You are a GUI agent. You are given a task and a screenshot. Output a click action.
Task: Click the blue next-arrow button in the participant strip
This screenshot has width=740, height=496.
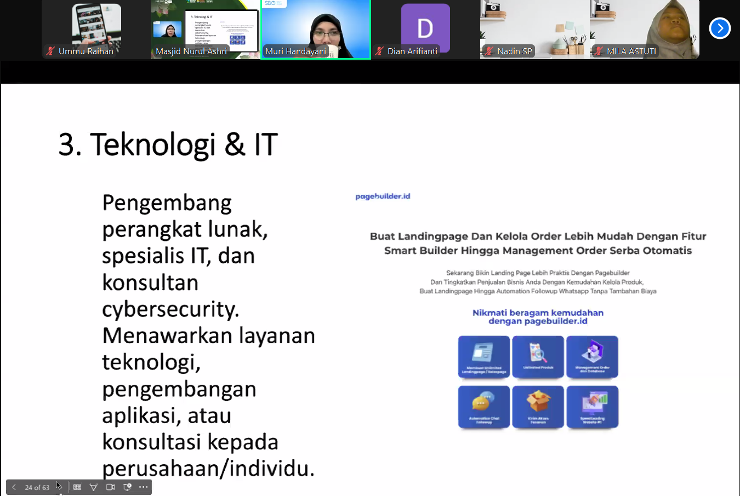[x=720, y=28]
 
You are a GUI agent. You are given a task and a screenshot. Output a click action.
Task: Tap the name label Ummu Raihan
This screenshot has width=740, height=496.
[x=86, y=51]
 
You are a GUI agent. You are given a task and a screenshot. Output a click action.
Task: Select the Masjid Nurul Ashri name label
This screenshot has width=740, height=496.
[x=191, y=51]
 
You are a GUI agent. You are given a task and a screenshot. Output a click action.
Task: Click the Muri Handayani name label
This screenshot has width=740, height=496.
[x=295, y=51]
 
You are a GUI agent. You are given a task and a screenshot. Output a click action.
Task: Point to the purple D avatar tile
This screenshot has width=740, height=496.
[x=425, y=27]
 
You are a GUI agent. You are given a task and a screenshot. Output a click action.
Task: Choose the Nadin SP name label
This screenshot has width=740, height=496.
[x=514, y=51]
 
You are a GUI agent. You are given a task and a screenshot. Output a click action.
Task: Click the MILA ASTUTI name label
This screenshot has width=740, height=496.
[x=631, y=51]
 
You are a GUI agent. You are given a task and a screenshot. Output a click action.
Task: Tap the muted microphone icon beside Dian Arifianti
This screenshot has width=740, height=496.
[x=379, y=51]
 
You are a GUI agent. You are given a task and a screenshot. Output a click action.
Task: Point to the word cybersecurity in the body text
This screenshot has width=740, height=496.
[x=170, y=309]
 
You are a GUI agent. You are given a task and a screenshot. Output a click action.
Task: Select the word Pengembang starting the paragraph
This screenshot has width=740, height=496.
[x=167, y=203]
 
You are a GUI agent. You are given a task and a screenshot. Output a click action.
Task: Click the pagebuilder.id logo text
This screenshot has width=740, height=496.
[x=383, y=196]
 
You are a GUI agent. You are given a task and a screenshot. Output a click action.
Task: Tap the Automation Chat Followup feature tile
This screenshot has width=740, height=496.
[x=483, y=406]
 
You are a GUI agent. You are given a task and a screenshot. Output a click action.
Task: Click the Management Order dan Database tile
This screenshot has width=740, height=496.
[x=592, y=356]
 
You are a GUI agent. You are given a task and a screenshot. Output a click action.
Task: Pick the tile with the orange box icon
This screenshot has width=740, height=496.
[x=538, y=406]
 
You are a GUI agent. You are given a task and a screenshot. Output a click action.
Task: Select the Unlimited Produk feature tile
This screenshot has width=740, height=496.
[x=538, y=356]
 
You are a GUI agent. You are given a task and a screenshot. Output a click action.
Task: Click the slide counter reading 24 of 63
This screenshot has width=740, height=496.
[x=37, y=487]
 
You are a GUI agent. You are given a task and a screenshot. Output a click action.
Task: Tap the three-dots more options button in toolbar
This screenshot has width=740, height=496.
[x=144, y=487]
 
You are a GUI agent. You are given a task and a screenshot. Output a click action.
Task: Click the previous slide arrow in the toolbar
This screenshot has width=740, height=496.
[x=14, y=487]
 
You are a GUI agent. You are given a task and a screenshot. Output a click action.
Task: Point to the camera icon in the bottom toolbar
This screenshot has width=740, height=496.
[x=110, y=487]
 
